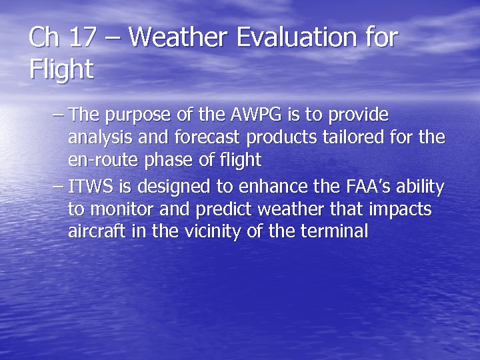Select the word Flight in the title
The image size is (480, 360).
coord(61,69)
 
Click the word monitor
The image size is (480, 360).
coord(119,210)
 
